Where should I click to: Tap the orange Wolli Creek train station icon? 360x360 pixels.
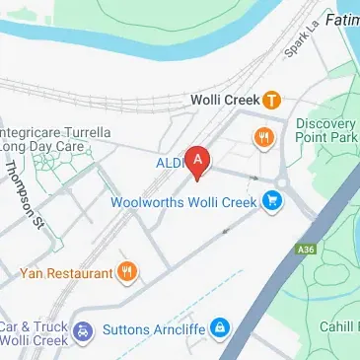pos(271,100)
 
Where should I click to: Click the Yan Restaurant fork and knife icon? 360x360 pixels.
pos(127,270)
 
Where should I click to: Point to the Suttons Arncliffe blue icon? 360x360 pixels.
pos(223,327)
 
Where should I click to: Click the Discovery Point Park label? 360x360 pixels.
pos(325,130)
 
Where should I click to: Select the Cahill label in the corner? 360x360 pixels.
pos(338,327)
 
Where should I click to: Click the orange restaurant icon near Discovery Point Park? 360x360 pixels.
pos(263,139)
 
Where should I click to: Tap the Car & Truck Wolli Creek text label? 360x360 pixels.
pos(34,333)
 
